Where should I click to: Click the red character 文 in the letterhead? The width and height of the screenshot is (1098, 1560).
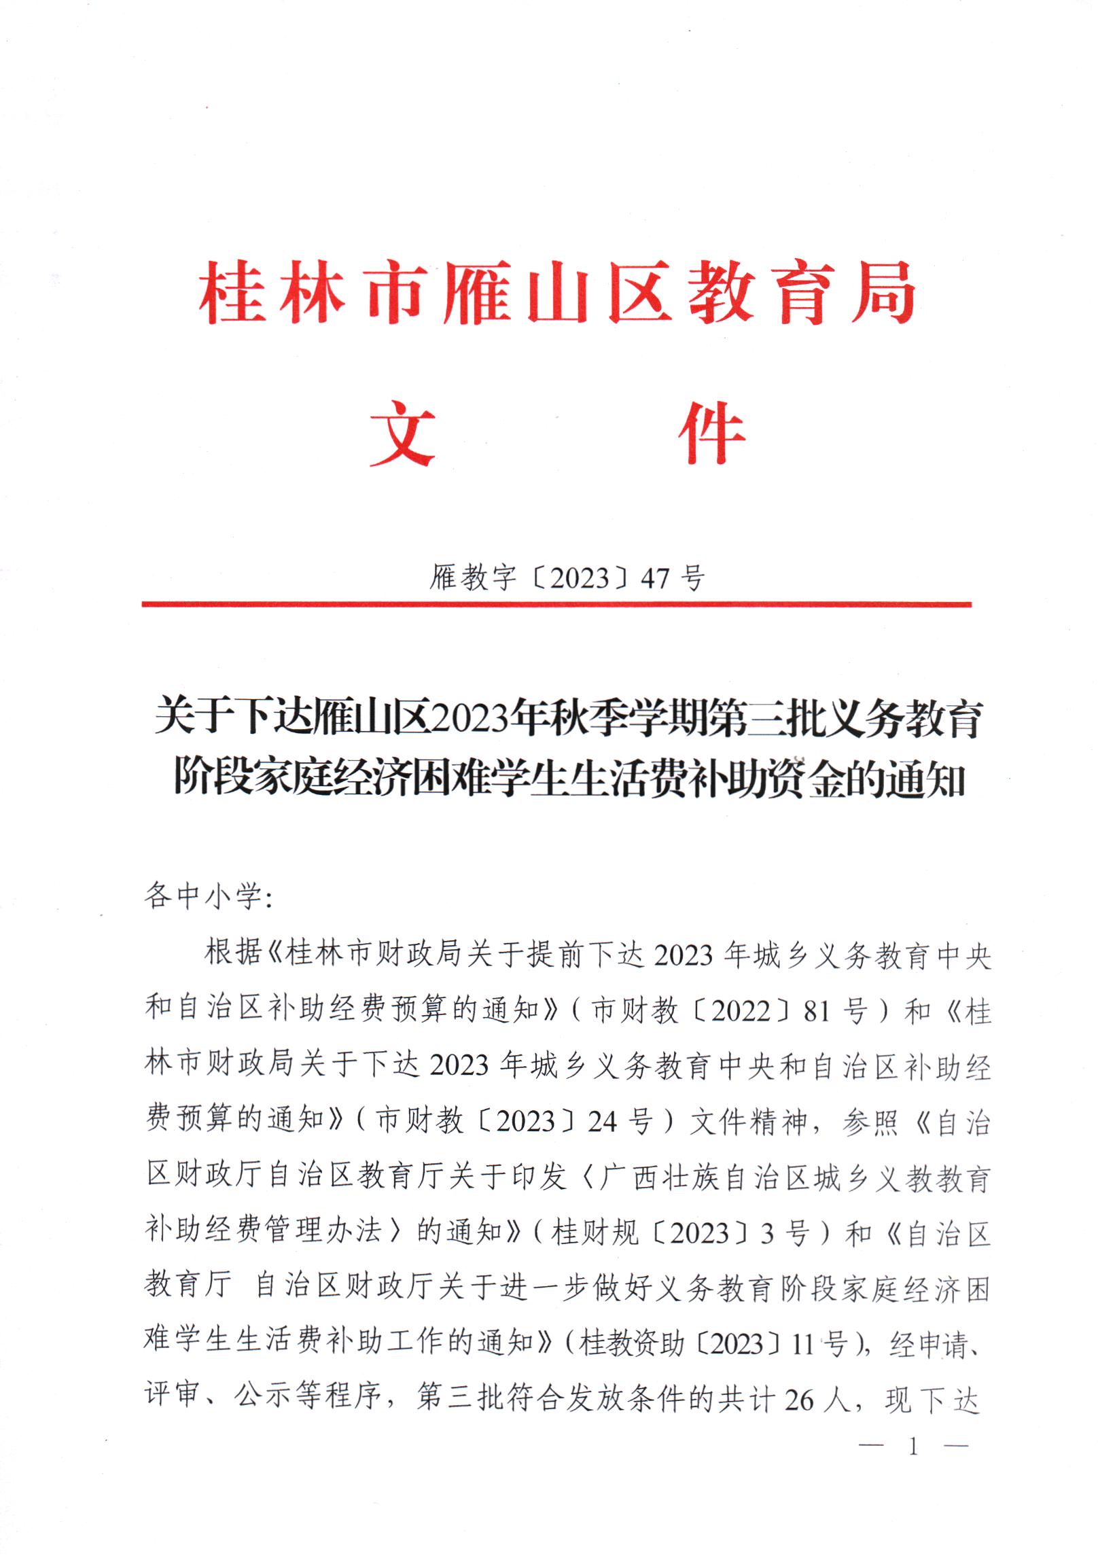402,433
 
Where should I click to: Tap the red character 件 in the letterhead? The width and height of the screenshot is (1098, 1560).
711,433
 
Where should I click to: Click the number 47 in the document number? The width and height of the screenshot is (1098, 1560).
655,578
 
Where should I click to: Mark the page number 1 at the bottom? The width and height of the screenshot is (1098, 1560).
913,1447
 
